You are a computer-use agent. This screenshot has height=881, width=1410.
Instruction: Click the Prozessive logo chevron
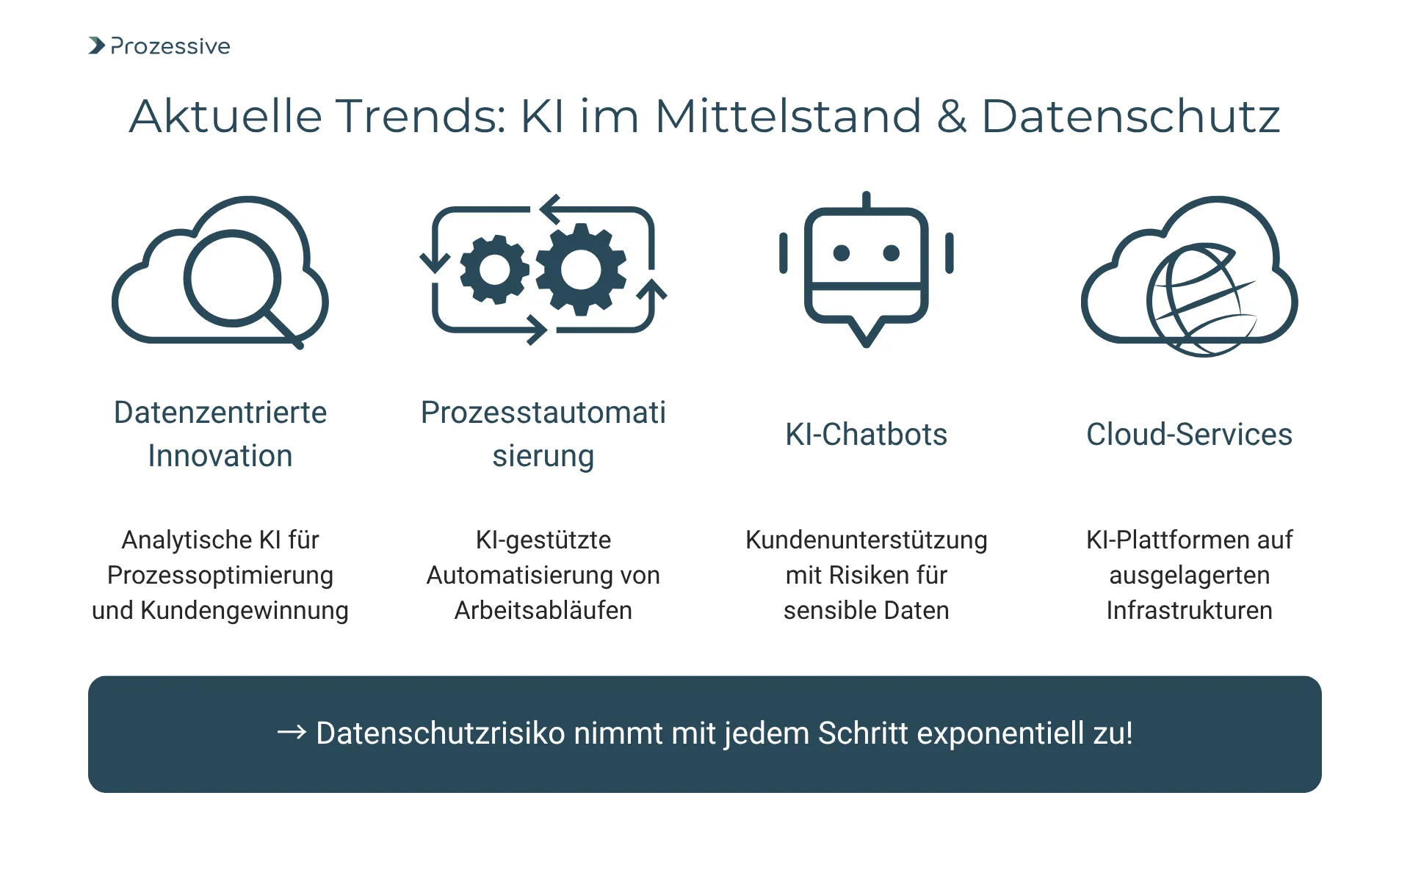coord(97,46)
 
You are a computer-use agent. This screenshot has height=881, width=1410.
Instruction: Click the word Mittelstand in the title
coord(787,116)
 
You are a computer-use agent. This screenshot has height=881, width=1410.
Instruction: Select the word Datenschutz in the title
coord(1130,116)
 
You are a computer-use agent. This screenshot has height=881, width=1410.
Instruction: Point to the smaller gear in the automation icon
coord(494,269)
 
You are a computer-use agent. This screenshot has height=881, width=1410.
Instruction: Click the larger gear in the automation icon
coord(581,269)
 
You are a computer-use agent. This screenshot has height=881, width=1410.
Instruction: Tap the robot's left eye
coord(842,253)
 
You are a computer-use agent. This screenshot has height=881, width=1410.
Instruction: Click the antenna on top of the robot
coord(867,200)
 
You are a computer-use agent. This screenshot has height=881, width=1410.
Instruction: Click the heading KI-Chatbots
coord(866,435)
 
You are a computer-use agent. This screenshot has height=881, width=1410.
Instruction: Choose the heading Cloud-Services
coord(1189,435)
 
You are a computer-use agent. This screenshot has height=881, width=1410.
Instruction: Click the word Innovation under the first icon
coord(220,456)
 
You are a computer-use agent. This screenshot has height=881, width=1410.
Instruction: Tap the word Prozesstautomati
coord(543,413)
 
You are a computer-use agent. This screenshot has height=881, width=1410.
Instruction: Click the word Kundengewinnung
coord(245,611)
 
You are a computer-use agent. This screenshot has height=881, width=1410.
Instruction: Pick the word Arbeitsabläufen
coord(543,611)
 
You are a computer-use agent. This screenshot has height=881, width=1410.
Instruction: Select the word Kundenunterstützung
coord(866,540)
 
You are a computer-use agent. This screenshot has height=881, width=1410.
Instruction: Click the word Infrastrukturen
coord(1189,611)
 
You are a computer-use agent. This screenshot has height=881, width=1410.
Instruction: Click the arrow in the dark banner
coord(292,732)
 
